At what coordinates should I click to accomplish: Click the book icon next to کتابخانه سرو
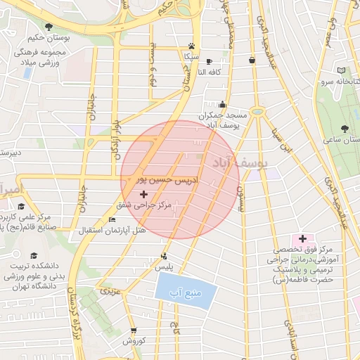point(342,71)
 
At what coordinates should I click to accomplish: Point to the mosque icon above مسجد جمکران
point(224,104)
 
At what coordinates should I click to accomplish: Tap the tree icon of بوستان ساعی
point(345,129)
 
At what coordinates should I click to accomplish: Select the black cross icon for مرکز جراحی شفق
point(145,193)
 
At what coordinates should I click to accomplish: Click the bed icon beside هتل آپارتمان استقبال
point(112,220)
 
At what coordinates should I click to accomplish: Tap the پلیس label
point(164,268)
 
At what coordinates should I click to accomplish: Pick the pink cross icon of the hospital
point(303,240)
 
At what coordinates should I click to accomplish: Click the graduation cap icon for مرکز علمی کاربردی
point(22,207)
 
